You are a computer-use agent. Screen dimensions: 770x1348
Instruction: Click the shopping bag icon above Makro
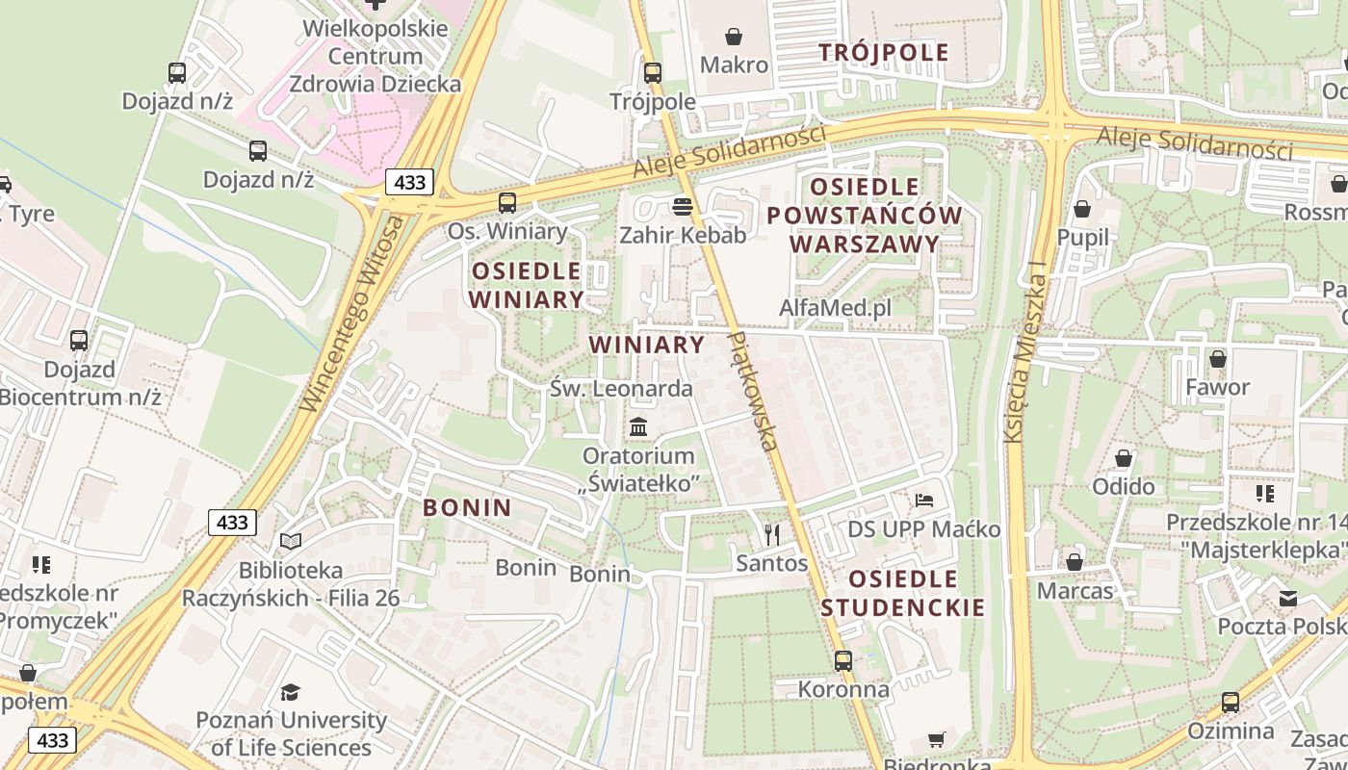click(x=734, y=37)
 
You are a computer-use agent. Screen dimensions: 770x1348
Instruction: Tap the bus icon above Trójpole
click(x=653, y=72)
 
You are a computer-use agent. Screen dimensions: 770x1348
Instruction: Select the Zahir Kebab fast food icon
click(x=683, y=206)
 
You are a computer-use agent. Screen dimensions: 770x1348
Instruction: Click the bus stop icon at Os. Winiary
click(x=507, y=202)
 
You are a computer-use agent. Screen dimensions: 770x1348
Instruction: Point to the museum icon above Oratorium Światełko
click(x=638, y=425)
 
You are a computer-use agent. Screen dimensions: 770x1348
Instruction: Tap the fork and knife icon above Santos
click(x=771, y=534)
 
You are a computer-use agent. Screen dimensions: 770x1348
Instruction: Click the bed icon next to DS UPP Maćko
click(x=924, y=500)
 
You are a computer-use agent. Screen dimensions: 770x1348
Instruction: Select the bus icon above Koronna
click(x=843, y=660)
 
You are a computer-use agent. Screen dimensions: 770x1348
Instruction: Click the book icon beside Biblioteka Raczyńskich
click(x=291, y=542)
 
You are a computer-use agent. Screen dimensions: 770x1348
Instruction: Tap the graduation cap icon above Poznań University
click(x=291, y=691)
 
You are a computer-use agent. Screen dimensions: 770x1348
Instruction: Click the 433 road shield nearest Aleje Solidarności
click(x=409, y=181)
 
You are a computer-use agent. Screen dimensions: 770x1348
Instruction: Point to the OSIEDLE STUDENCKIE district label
click(x=903, y=593)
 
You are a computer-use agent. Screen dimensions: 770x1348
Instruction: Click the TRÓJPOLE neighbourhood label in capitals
click(x=884, y=52)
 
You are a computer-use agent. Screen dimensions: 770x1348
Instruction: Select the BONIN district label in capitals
click(x=467, y=507)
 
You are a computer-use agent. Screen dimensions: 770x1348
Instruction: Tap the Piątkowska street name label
click(x=754, y=392)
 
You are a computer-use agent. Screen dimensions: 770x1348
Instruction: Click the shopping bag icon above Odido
click(x=1124, y=458)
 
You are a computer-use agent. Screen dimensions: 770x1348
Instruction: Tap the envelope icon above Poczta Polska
click(x=1287, y=599)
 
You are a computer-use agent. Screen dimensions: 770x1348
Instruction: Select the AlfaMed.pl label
click(x=835, y=308)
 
